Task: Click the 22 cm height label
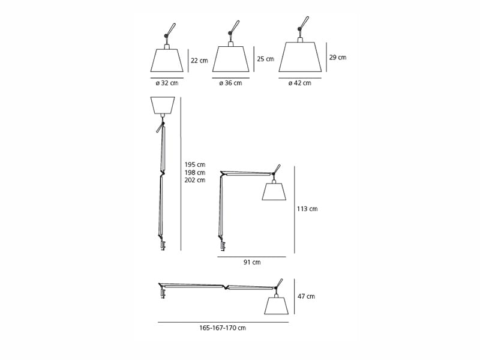point(199,61)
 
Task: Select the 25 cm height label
point(265,59)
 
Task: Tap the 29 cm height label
point(338,57)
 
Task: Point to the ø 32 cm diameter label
point(167,83)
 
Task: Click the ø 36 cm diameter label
point(230,83)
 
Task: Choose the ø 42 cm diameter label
point(299,83)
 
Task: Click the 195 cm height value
point(194,164)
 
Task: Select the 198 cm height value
point(194,173)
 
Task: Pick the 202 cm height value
point(194,181)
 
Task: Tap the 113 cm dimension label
point(307,209)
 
